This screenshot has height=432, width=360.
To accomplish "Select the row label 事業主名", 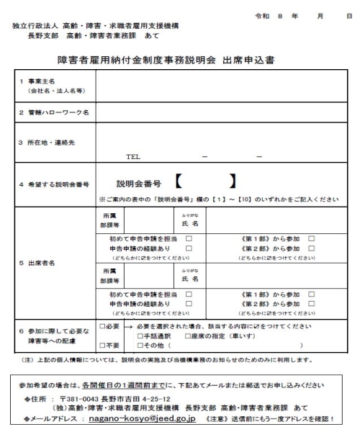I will (37, 87).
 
